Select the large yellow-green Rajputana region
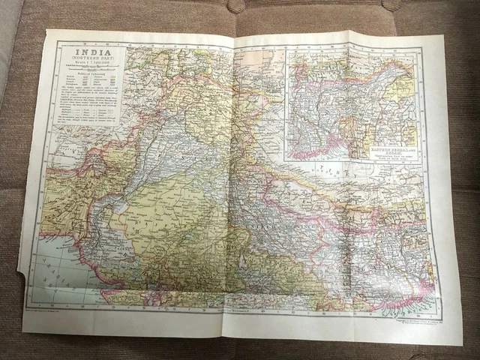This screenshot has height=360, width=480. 172,225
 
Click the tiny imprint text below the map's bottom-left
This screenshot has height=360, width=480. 67,309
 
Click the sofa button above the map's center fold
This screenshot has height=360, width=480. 237,7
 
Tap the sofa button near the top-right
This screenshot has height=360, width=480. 389,4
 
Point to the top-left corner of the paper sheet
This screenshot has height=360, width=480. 48,31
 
